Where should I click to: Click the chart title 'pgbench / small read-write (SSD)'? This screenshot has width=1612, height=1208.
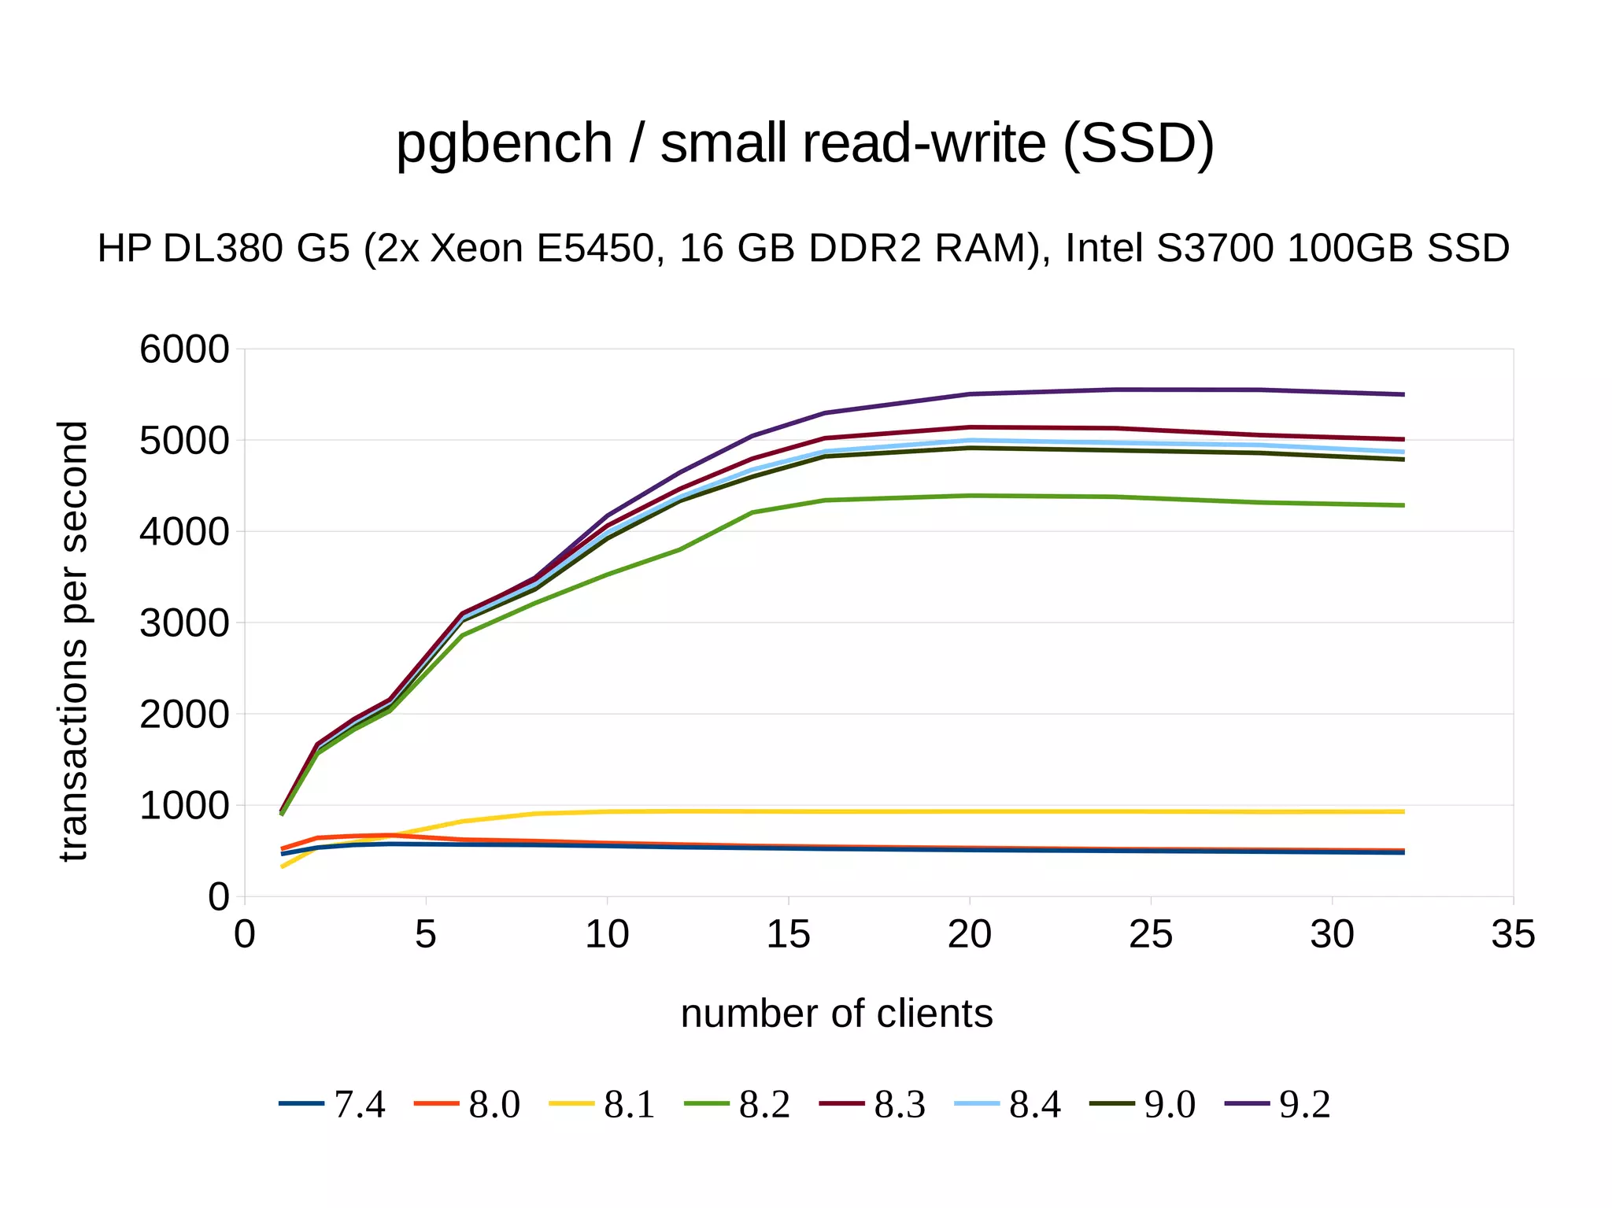pos(804,144)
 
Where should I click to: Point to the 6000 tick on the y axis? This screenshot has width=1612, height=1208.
pos(184,349)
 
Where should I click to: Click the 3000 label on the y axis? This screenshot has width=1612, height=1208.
pos(184,623)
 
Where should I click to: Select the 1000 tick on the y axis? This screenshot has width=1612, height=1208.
pos(184,806)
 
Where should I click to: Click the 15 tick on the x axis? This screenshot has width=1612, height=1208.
pos(788,935)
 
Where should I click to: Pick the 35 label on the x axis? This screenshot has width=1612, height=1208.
pos(1513,935)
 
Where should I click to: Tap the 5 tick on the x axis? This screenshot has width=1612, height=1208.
pos(426,935)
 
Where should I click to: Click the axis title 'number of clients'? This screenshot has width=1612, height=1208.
pos(836,1014)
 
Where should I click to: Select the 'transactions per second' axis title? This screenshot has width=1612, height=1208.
pos(73,641)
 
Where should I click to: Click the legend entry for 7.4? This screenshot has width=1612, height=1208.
pos(333,1104)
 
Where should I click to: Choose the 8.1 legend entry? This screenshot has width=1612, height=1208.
pos(603,1104)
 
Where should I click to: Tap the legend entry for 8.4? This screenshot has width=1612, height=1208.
pos(1008,1104)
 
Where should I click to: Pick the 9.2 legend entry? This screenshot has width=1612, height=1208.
pos(1279,1104)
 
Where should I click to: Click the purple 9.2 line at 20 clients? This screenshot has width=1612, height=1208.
pos(970,393)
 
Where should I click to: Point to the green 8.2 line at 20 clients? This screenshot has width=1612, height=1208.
pos(970,496)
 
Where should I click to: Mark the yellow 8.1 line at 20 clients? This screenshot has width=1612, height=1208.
pos(970,811)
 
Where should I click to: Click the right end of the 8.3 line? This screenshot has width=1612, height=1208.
pos(1403,439)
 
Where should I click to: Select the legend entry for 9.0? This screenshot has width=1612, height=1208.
pos(1144,1104)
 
